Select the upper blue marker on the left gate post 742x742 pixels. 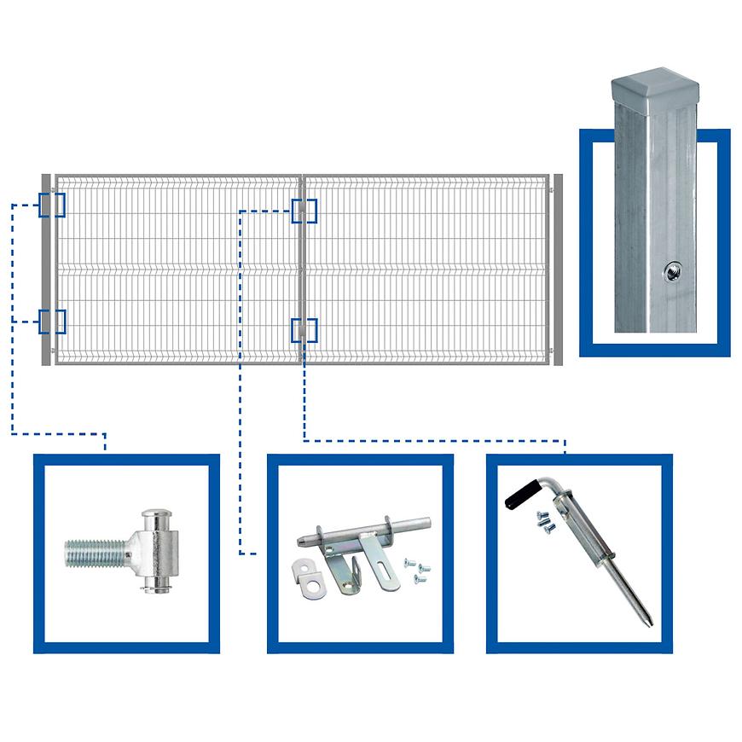52,205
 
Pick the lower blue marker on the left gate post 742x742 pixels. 52,322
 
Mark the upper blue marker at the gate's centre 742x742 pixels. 304,211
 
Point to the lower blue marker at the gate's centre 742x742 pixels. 304,330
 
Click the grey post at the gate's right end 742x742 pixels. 558,270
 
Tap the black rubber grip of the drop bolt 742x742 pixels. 521,494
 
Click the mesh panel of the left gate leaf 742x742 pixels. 179,270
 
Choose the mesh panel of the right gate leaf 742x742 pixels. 426,270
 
